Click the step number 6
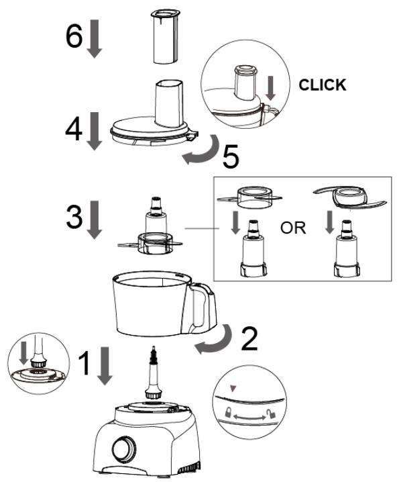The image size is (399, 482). pyautogui.click(x=74, y=36)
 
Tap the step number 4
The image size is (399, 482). pyautogui.click(x=74, y=130)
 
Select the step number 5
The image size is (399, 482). pyautogui.click(x=231, y=156)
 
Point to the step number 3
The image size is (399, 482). pyautogui.click(x=74, y=217)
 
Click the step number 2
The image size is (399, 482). pyautogui.click(x=249, y=339)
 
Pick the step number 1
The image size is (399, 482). pyautogui.click(x=84, y=363)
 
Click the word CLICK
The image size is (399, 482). pyautogui.click(x=322, y=85)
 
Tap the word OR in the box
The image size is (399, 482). pyautogui.click(x=293, y=228)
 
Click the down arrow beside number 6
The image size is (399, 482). pyautogui.click(x=95, y=38)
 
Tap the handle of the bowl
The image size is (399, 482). pyautogui.click(x=203, y=307)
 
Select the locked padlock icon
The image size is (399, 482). pyautogui.click(x=228, y=412)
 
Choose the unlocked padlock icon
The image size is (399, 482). pyautogui.click(x=271, y=414)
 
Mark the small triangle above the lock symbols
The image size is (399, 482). pyautogui.click(x=233, y=389)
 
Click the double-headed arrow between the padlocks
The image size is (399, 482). pyautogui.click(x=249, y=417)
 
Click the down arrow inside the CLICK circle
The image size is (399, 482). pyautogui.click(x=271, y=88)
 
